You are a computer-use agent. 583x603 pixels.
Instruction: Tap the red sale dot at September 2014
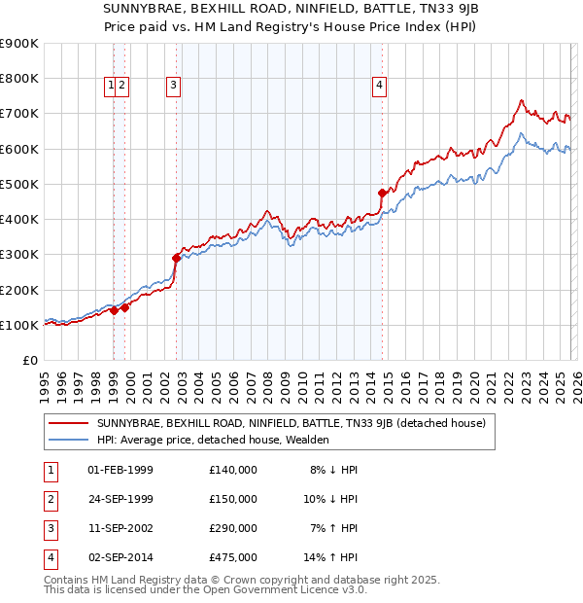[x=382, y=194]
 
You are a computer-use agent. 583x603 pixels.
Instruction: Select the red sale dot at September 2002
[x=176, y=258]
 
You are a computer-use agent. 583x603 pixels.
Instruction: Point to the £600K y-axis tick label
[x=18, y=149]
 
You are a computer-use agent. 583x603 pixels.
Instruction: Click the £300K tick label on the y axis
[x=18, y=255]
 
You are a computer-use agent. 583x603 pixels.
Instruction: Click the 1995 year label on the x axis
[x=45, y=384]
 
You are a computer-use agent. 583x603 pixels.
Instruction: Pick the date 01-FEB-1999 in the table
[x=120, y=470]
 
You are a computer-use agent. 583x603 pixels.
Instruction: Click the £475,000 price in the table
[x=233, y=557]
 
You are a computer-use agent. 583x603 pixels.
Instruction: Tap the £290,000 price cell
[x=233, y=528]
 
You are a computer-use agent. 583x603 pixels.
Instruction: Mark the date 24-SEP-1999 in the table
[x=120, y=499]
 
